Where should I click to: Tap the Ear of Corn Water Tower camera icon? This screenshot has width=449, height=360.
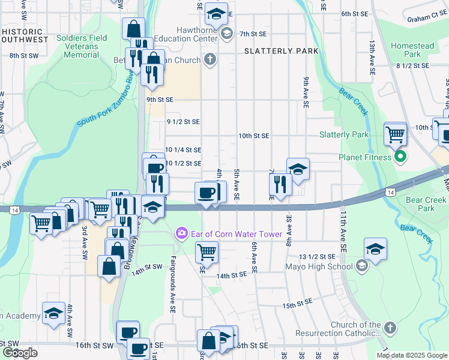(x=180, y=233)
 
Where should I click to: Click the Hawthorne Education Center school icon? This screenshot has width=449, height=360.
(x=226, y=33)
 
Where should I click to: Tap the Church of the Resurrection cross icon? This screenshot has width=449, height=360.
(x=390, y=329)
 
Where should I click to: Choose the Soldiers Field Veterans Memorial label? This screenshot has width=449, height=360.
(x=82, y=46)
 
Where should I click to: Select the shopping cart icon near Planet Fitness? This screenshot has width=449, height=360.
(x=396, y=134)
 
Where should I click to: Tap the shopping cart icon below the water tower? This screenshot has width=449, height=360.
(x=206, y=252)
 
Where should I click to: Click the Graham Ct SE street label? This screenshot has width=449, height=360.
(x=427, y=19)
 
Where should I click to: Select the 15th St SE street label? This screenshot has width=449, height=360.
(x=298, y=305)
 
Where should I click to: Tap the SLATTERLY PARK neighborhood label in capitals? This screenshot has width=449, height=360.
(x=282, y=52)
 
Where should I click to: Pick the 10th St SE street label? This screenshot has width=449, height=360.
(x=253, y=136)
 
